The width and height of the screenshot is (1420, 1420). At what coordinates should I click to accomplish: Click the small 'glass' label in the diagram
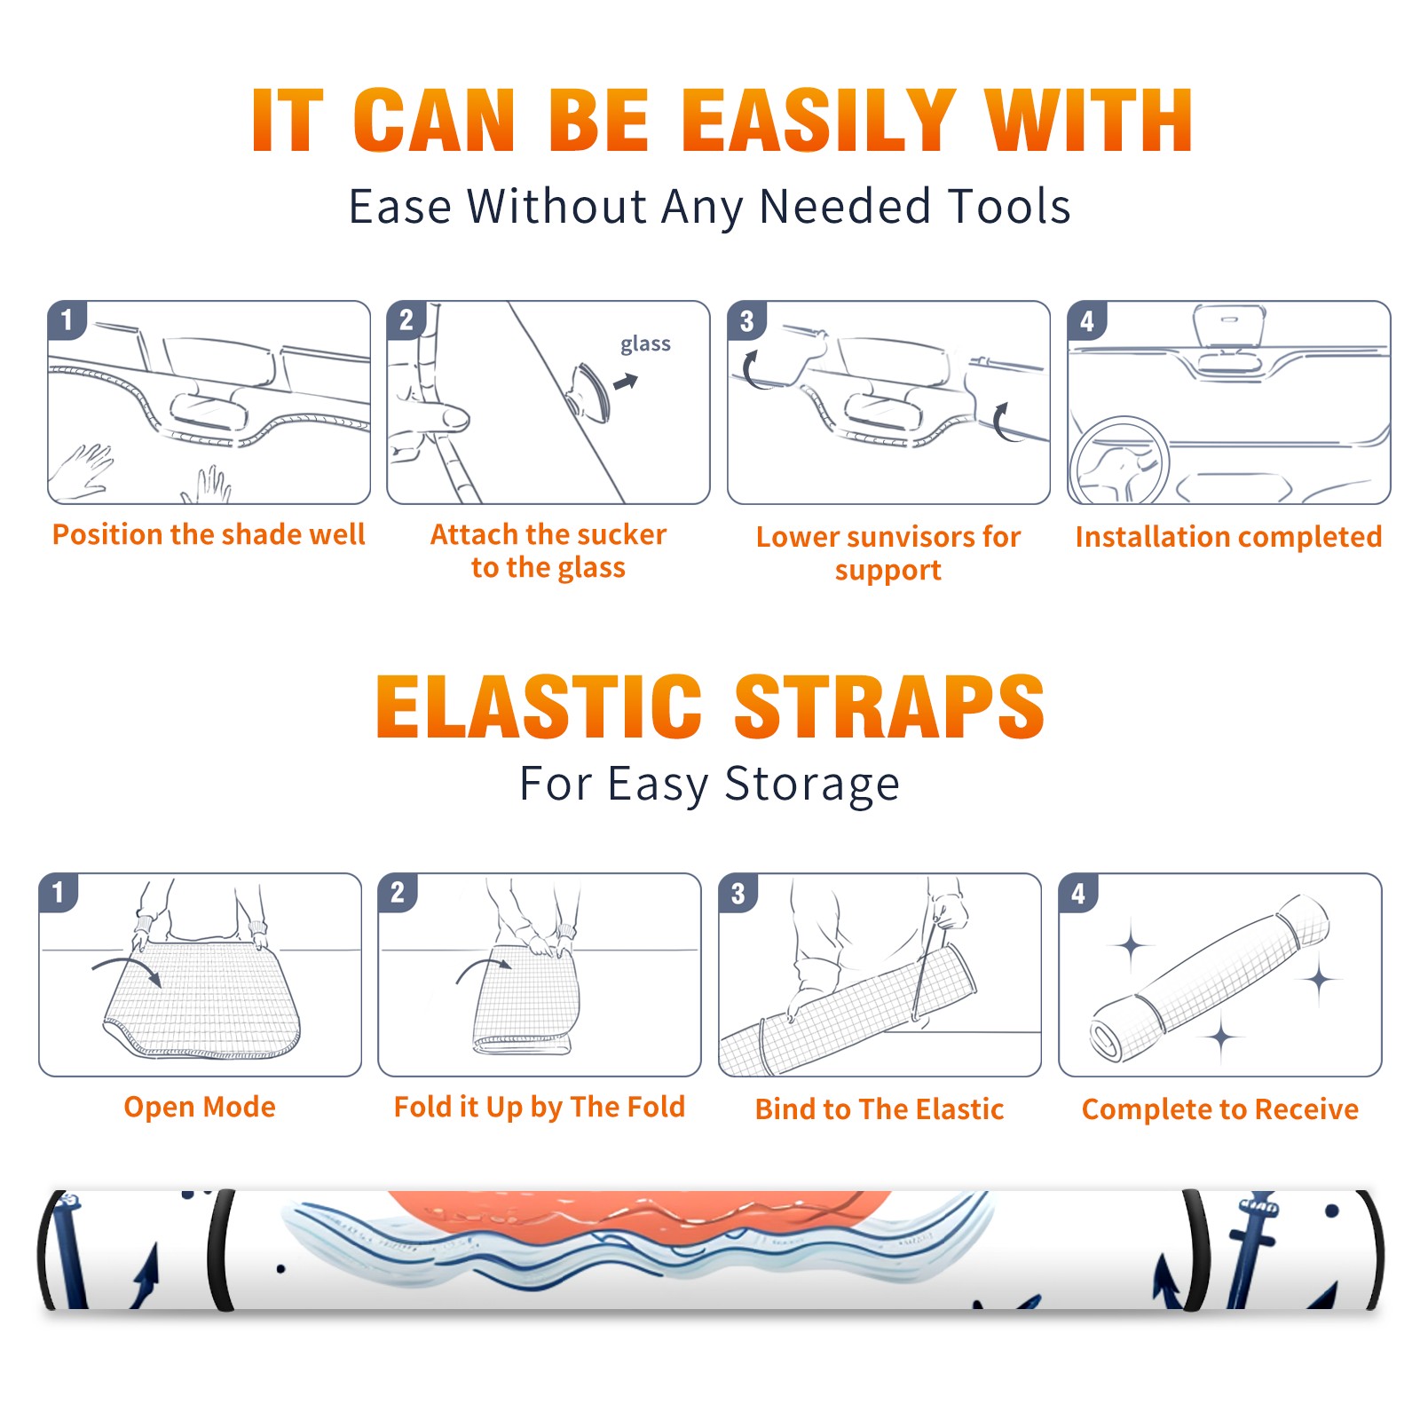(x=645, y=344)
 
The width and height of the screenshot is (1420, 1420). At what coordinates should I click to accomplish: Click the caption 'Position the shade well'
(x=209, y=534)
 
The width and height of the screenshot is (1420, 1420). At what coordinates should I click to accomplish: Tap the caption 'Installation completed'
(x=1228, y=537)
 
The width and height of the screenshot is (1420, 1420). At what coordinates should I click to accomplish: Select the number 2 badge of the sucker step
(x=406, y=319)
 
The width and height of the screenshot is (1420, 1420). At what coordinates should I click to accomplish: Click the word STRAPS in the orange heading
(x=889, y=706)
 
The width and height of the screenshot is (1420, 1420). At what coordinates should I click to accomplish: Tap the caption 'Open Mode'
(x=200, y=1107)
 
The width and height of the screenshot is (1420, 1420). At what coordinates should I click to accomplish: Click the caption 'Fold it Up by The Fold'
(x=540, y=1108)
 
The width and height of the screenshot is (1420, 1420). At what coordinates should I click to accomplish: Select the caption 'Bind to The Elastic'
(x=880, y=1109)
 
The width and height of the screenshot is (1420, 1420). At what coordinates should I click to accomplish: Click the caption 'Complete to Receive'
(x=1220, y=1109)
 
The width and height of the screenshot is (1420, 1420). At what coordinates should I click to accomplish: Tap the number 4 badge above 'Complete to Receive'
(x=1078, y=893)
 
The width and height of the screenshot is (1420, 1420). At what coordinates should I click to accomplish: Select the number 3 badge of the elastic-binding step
(x=738, y=893)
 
